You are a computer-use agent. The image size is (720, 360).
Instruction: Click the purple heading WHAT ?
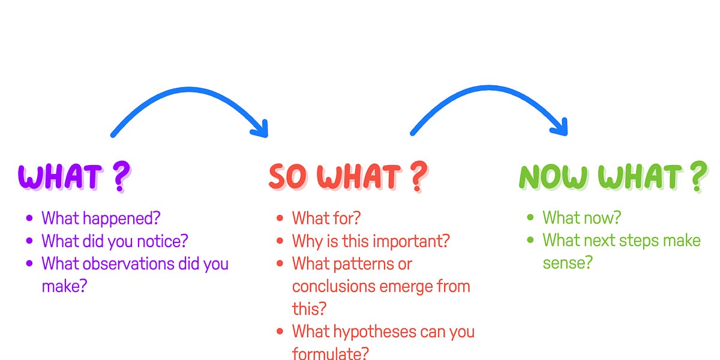(73, 176)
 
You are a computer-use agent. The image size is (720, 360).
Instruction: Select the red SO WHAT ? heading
(347, 176)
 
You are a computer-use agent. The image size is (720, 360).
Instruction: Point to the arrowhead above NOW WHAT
(559, 128)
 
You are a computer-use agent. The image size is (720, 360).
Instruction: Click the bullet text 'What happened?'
(101, 217)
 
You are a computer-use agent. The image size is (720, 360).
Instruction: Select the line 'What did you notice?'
(115, 241)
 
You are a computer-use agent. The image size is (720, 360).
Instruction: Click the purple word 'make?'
(64, 286)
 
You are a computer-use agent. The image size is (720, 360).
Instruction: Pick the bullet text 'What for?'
(326, 217)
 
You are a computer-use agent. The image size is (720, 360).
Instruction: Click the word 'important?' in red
(416, 241)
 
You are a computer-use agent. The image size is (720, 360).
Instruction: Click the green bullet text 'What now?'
(581, 217)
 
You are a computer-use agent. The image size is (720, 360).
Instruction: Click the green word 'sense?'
(568, 263)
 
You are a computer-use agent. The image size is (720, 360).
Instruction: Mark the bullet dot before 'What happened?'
(29, 218)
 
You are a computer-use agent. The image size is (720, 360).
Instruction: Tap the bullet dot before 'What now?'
(530, 218)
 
